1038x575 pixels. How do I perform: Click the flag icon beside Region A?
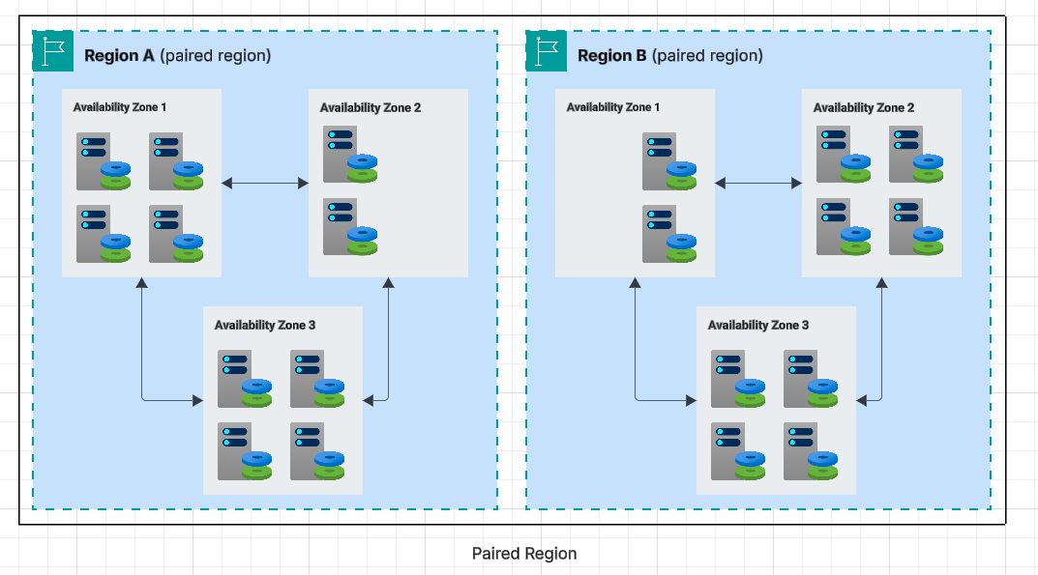pos(53,51)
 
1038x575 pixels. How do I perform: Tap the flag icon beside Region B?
pos(547,51)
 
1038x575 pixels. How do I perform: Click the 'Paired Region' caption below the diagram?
pos(523,554)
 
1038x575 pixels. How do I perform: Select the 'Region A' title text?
pos(119,55)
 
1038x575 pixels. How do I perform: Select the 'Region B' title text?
pos(611,55)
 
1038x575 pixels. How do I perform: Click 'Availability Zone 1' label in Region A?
pos(120,107)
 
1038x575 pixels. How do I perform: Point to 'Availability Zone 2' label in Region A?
pos(371,107)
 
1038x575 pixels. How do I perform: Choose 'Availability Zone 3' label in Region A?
pos(265,326)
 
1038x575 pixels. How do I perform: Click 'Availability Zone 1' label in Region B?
pos(613,107)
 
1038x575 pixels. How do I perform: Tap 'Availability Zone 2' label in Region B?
pos(864,107)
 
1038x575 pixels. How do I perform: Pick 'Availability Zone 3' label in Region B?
pos(758,326)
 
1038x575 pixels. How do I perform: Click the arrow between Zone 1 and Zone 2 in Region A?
pos(265,181)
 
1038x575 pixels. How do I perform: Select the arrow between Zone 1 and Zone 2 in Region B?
pos(758,181)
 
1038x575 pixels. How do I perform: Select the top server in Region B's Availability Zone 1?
pos(667,160)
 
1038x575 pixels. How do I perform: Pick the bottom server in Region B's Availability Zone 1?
pos(667,233)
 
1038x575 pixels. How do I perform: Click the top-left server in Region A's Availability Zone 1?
pos(102,160)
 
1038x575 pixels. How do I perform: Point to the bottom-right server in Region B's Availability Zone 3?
pos(809,450)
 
